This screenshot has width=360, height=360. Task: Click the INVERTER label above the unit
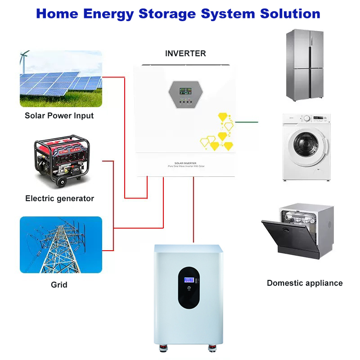[x=185, y=54]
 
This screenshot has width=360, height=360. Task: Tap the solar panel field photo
[x=61, y=78]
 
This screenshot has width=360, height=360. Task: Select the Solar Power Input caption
[x=59, y=116]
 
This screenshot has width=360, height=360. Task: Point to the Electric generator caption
[x=59, y=198]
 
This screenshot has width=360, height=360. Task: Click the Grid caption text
[x=59, y=285]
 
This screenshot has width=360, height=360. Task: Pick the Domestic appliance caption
[x=305, y=283]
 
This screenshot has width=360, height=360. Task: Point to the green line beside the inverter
[x=247, y=121]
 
